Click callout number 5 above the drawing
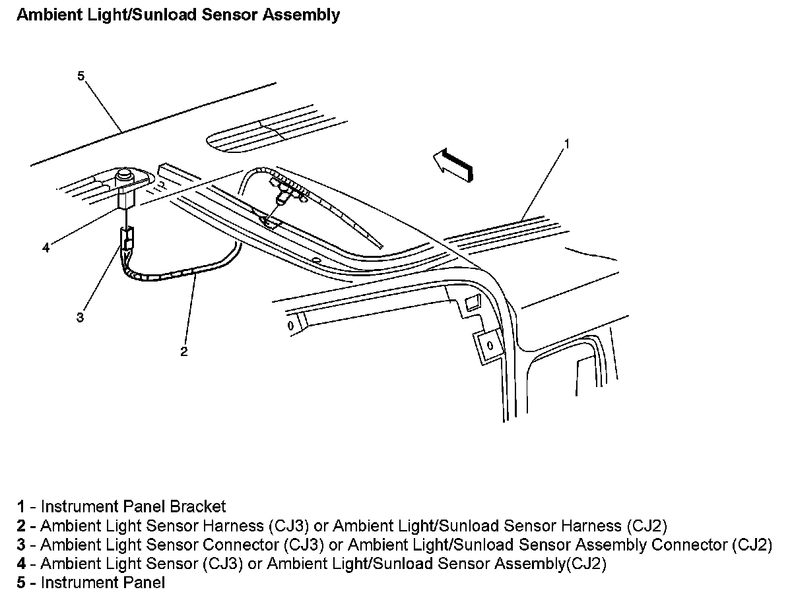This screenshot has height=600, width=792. click(81, 76)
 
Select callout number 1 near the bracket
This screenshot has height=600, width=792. click(566, 142)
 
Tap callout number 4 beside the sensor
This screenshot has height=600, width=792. click(46, 248)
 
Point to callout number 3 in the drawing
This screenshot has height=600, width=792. click(80, 317)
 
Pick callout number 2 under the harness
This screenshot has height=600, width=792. click(184, 351)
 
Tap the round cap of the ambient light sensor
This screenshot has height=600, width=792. click(123, 176)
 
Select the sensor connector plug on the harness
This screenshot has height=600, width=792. click(127, 239)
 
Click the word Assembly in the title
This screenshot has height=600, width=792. click(302, 15)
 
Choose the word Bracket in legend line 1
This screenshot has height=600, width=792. click(197, 506)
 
